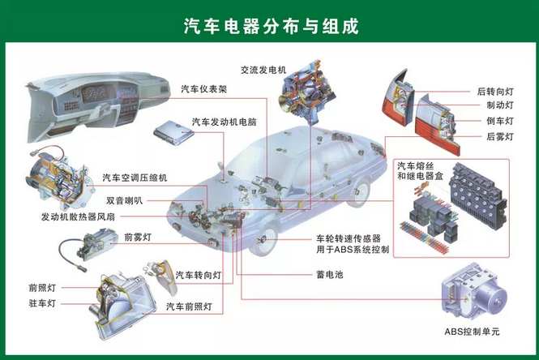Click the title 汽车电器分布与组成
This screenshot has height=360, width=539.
pyautogui.click(x=272, y=26)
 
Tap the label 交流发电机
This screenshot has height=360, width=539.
pyautogui.click(x=263, y=71)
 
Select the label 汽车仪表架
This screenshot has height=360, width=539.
pyautogui.click(x=204, y=89)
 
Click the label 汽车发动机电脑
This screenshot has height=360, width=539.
pyautogui.click(x=225, y=122)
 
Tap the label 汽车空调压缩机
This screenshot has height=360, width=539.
pyautogui.click(x=135, y=178)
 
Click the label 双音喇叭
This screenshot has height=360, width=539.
pyautogui.click(x=125, y=200)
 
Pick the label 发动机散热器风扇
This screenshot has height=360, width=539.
pyautogui.click(x=78, y=217)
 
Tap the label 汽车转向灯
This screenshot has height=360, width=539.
pyautogui.click(x=199, y=275)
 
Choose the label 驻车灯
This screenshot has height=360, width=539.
pyautogui.click(x=42, y=303)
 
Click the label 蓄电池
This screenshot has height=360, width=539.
pyautogui.click(x=330, y=274)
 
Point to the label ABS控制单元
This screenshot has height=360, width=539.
pyautogui.click(x=472, y=332)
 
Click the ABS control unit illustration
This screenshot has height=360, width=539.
pyautogui.click(x=474, y=292)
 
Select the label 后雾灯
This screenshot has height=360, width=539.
pyautogui.click(x=500, y=136)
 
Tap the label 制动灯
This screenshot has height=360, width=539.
pyautogui.click(x=500, y=105)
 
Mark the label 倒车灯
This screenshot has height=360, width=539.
pyautogui.click(x=500, y=121)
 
